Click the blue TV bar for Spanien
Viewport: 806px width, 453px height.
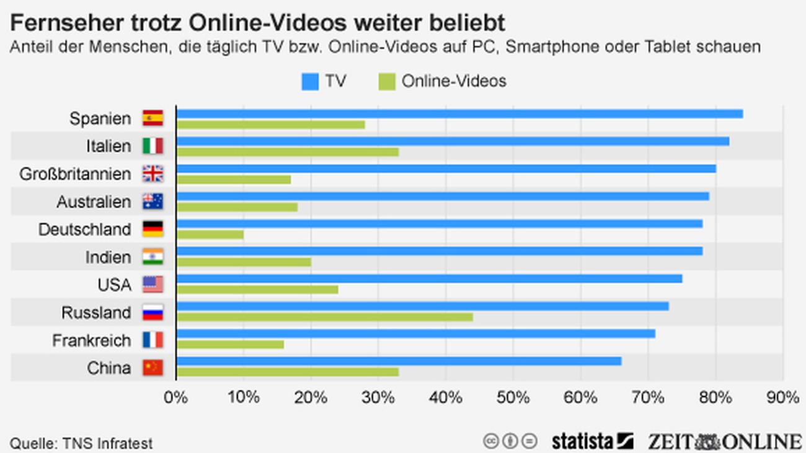[x=459, y=113]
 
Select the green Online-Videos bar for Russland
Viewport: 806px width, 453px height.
[x=325, y=317]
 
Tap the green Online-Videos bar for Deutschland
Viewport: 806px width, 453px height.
[x=210, y=235]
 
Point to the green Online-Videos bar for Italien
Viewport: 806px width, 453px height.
[x=288, y=152]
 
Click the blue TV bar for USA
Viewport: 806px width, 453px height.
[x=429, y=279]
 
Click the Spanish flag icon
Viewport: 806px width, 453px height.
[x=153, y=118]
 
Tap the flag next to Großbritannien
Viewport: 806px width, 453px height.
[x=153, y=174]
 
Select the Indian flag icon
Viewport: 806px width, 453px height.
[x=153, y=257]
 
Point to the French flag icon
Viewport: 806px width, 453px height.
[x=153, y=340]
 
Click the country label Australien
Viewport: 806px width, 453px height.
[x=94, y=201]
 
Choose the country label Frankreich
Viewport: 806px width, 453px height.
[x=92, y=340]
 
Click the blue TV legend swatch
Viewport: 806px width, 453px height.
[x=310, y=81]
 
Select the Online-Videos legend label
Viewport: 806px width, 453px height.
[x=454, y=81]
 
